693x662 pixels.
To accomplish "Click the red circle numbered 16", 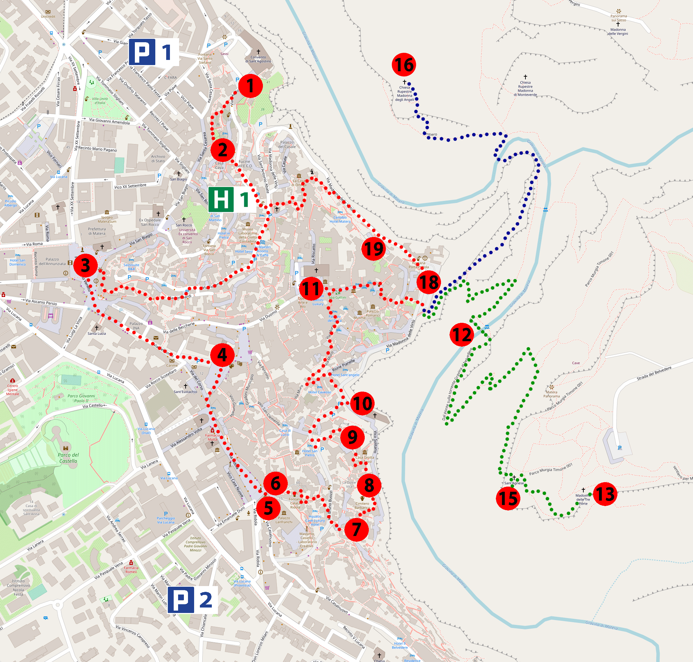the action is point(404,65).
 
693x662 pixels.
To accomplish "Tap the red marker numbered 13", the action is point(605,494).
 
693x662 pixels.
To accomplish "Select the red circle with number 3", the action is point(85,265).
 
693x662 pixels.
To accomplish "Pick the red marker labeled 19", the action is point(373,249).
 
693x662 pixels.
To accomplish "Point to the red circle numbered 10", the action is point(362,403).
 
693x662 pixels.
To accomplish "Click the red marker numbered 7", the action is point(357,529).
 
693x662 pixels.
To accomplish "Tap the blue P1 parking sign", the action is point(154,52).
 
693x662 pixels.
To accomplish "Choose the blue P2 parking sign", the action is point(192,600).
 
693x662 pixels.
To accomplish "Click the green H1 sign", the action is point(232,199).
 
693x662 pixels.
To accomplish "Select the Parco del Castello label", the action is point(68,458).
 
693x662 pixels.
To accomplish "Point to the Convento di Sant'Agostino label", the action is point(258,59).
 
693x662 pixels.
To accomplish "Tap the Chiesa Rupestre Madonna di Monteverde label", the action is point(525,88).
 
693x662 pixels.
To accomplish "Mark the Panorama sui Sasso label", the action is point(618,18).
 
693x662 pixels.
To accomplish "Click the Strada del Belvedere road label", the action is point(654,373).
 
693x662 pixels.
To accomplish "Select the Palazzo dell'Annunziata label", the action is point(52,262).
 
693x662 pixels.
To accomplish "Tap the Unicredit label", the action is point(48,16).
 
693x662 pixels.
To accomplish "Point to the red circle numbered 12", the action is point(461,334).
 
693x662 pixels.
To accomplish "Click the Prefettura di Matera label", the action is point(97,231).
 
